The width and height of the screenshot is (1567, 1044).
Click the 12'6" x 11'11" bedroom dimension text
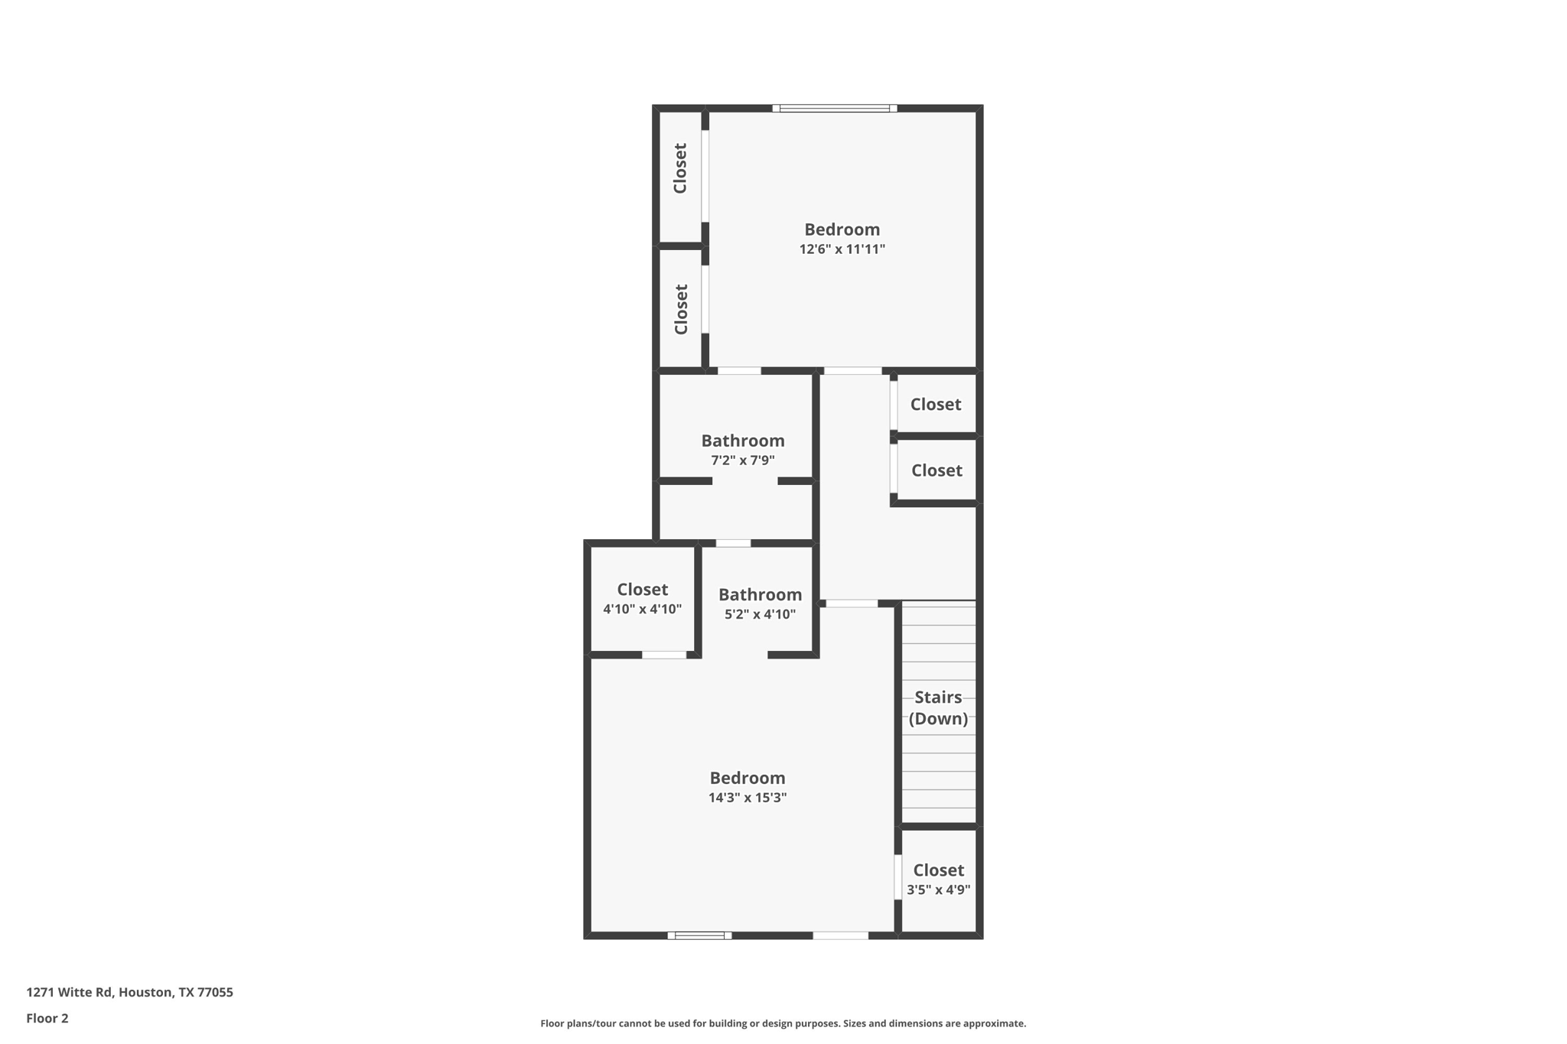click(x=842, y=249)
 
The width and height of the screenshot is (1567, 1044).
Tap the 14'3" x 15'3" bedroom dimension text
click(x=747, y=798)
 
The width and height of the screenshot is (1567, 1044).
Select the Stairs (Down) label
click(x=938, y=707)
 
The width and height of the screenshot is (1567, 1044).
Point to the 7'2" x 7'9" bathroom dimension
click(x=742, y=460)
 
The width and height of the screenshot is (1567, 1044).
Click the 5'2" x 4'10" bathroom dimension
click(x=760, y=614)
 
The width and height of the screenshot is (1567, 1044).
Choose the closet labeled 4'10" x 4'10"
click(x=642, y=598)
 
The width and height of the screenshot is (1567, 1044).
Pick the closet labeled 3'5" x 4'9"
click(x=938, y=880)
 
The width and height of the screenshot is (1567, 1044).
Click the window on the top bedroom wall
click(x=834, y=109)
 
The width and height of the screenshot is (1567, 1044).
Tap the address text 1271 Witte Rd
click(x=129, y=992)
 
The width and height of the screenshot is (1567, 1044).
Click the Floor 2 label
click(x=47, y=1018)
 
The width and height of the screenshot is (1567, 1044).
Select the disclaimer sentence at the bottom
click(x=783, y=1023)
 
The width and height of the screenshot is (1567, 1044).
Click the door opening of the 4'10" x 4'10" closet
click(x=663, y=655)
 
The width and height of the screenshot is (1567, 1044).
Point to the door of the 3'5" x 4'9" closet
click(x=898, y=877)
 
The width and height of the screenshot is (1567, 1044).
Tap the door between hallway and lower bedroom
click(x=851, y=604)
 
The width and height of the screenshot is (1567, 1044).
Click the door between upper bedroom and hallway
click(x=852, y=371)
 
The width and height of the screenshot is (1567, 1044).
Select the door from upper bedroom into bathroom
click(x=738, y=371)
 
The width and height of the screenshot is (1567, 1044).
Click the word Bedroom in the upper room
click(x=842, y=229)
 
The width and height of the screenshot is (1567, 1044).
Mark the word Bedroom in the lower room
click(x=747, y=778)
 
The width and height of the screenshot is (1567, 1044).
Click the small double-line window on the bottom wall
click(x=699, y=935)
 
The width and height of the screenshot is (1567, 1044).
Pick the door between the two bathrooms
click(x=733, y=543)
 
